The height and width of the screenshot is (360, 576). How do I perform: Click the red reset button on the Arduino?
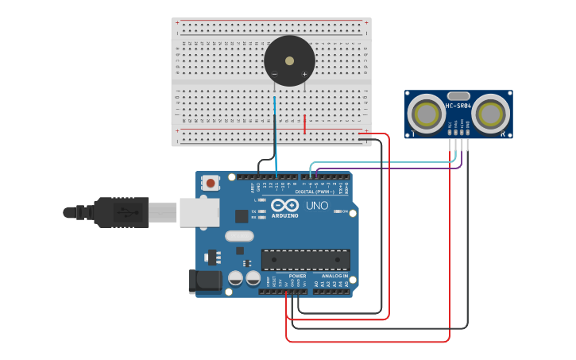210,183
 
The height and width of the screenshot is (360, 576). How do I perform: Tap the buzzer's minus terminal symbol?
275,75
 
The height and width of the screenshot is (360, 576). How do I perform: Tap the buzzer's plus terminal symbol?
304,75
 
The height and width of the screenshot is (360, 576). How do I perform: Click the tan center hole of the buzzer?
289,60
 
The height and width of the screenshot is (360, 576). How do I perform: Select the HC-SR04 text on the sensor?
458,106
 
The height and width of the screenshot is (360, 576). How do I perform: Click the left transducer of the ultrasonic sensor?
427,114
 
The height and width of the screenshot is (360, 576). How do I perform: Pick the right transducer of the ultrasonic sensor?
489,114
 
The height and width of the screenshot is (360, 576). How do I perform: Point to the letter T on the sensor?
412,134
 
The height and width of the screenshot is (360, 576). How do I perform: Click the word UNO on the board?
317,206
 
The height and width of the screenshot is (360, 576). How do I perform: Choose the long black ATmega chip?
305,260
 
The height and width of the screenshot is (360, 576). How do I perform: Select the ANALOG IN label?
334,276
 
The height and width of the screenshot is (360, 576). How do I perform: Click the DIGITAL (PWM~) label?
314,192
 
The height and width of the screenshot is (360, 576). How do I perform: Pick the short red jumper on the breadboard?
304,124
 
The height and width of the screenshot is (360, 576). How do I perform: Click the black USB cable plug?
119,212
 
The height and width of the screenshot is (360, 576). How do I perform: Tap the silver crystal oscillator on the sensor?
458,95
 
